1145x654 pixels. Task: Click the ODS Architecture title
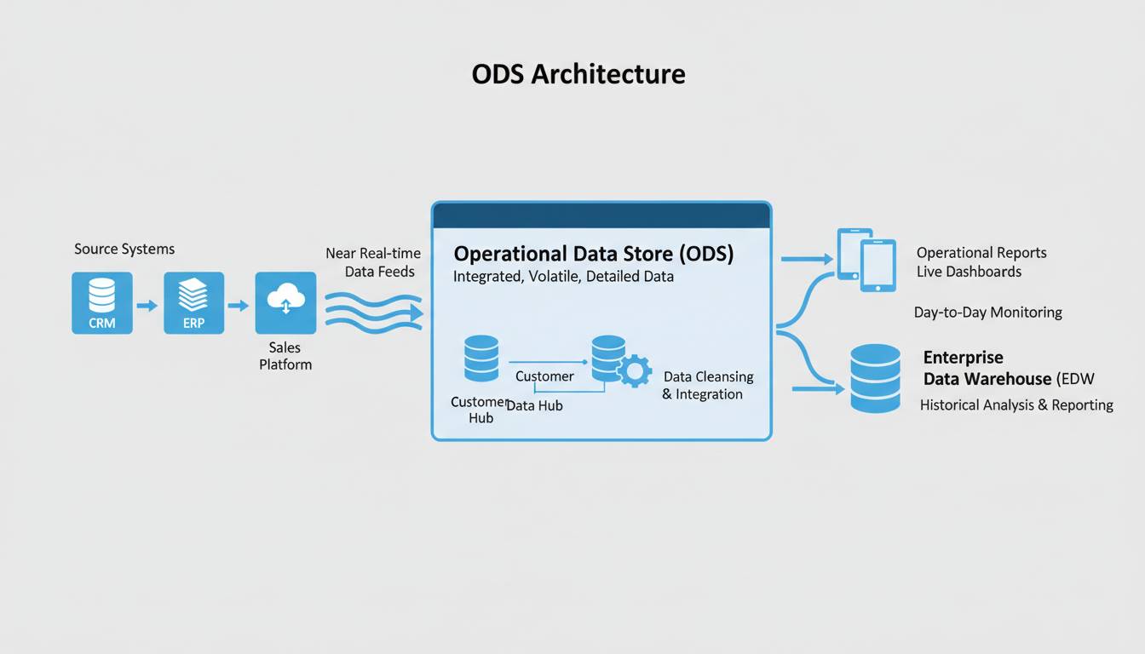[578, 74]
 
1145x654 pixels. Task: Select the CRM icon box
[102, 302]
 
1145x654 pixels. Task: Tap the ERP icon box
[193, 302]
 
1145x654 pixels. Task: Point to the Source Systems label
[124, 250]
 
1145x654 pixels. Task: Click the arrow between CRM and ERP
[147, 305]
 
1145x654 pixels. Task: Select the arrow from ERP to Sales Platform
[239, 305]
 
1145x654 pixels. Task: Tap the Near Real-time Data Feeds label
[373, 263]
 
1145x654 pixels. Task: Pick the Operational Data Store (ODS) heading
[593, 254]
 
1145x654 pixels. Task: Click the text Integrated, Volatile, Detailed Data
[563, 277]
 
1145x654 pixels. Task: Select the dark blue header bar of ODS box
[601, 215]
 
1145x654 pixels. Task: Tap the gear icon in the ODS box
[634, 371]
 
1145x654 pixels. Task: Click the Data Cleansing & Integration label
[707, 386]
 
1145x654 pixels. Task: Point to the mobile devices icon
[866, 259]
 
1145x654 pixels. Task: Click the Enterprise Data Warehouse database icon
[875, 379]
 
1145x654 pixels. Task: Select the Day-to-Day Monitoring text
[987, 313]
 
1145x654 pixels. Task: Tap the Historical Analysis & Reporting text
[1016, 405]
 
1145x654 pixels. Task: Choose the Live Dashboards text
[969, 272]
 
